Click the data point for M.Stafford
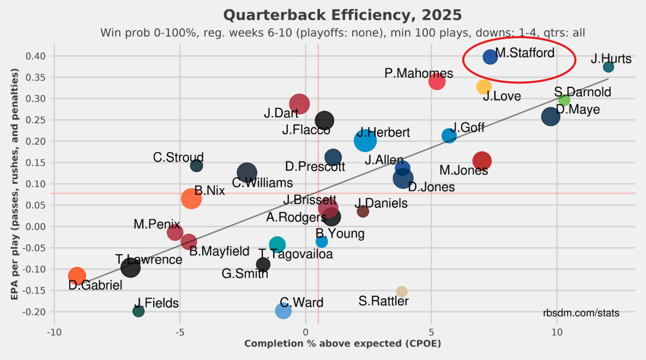pyautogui.click(x=490, y=56)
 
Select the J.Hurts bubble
pyautogui.click(x=608, y=67)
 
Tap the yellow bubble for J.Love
pyautogui.click(x=484, y=87)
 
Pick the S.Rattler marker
pyautogui.click(x=402, y=292)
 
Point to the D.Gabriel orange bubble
pyautogui.click(x=77, y=276)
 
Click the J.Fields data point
pyautogui.click(x=138, y=311)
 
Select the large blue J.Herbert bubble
pyautogui.click(x=365, y=140)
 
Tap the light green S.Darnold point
pyautogui.click(x=564, y=100)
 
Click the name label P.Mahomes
pyautogui.click(x=418, y=74)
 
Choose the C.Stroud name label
pyautogui.click(x=178, y=158)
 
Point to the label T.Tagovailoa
pyautogui.click(x=295, y=254)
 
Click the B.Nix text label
pyautogui.click(x=209, y=190)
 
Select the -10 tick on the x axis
pyautogui.click(x=53, y=332)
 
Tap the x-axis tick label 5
pyautogui.click(x=431, y=332)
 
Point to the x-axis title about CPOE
pyautogui.click(x=342, y=344)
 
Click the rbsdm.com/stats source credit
pyautogui.click(x=581, y=313)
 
